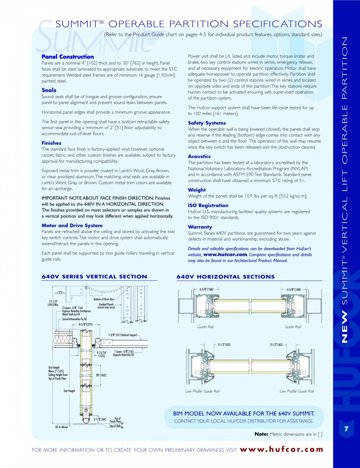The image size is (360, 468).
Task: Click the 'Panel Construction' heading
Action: coord(67,57)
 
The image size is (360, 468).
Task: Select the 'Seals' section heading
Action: coord(49,90)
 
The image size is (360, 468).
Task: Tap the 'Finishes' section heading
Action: coord(51,143)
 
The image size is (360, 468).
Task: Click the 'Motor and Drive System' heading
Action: coord(72,225)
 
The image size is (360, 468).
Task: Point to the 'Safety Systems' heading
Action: coord(206,123)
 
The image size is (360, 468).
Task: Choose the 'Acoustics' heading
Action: coord(199,156)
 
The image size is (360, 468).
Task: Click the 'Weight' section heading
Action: coord(197,190)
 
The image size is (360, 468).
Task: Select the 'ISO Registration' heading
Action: coord(208,205)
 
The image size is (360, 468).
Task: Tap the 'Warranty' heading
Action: coord(200,227)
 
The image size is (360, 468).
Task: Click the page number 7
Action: coord(346,429)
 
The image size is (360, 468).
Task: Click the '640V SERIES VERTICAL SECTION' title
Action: coord(94,277)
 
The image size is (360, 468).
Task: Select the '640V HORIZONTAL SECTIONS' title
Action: coord(225,277)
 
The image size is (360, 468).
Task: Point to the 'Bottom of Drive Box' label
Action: coord(104,299)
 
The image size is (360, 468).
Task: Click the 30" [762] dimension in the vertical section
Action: coord(101,375)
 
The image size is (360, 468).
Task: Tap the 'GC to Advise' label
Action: coord(61,427)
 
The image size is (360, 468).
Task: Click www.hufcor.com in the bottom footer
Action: coord(281,450)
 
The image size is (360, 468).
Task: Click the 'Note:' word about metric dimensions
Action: coord(261,434)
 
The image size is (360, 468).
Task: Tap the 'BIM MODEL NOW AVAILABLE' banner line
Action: coord(243,414)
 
